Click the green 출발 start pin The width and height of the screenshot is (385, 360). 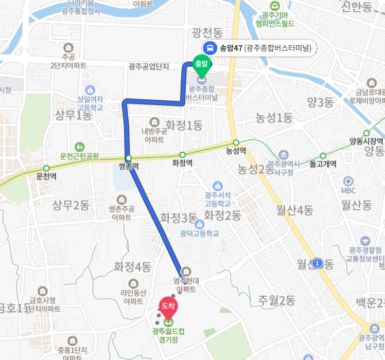[x=201, y=64]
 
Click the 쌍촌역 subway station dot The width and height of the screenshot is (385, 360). [x=128, y=158]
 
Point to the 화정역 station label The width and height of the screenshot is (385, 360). [x=182, y=164]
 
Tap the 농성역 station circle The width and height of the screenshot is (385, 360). [x=236, y=142]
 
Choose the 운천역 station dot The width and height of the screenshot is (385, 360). [x=46, y=168]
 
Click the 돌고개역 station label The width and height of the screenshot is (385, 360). [x=323, y=165]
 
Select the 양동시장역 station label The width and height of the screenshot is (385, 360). [x=366, y=141]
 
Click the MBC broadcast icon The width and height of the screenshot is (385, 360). [x=348, y=181]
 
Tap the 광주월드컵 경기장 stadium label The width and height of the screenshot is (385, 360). [x=168, y=335]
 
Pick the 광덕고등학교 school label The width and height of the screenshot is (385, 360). [x=200, y=233]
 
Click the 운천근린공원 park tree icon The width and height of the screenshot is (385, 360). [x=79, y=146]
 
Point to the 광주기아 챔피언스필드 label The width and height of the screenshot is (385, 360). [x=277, y=19]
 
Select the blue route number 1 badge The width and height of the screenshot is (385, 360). [x=318, y=263]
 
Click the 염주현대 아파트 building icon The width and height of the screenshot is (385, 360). [x=186, y=271]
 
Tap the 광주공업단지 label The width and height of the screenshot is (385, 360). [x=149, y=66]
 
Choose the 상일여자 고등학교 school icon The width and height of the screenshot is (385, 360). [x=90, y=89]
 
